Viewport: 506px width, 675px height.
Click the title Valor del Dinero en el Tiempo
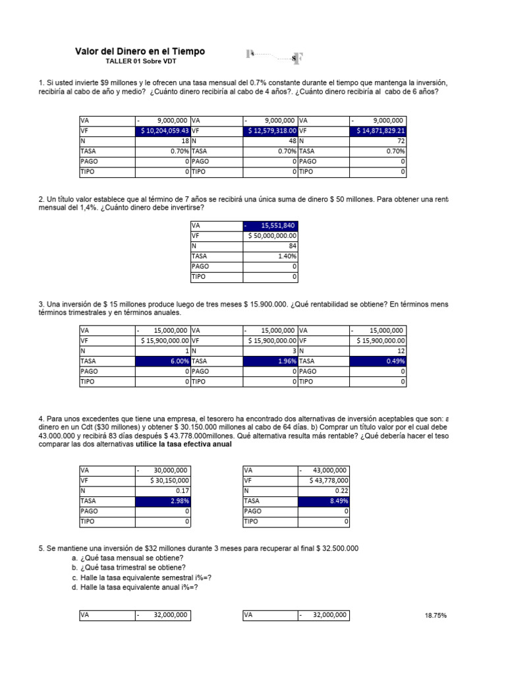[140, 51]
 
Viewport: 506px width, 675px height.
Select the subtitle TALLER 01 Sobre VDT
[140, 61]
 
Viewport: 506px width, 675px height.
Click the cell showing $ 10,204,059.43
[163, 131]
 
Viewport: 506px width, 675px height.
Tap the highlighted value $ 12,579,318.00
[271, 131]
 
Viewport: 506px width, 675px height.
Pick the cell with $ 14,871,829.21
[378, 131]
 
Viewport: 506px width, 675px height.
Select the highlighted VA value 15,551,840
[271, 225]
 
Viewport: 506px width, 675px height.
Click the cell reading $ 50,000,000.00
[271, 235]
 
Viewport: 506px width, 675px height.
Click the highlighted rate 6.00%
[163, 361]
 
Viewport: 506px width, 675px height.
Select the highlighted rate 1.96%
[271, 361]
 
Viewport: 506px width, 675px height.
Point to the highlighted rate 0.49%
[378, 361]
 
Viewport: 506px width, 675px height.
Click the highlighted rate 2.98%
[163, 501]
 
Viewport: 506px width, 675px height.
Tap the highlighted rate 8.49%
[323, 501]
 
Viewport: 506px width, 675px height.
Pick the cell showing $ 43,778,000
[323, 481]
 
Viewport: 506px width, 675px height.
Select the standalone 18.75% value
[436, 616]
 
